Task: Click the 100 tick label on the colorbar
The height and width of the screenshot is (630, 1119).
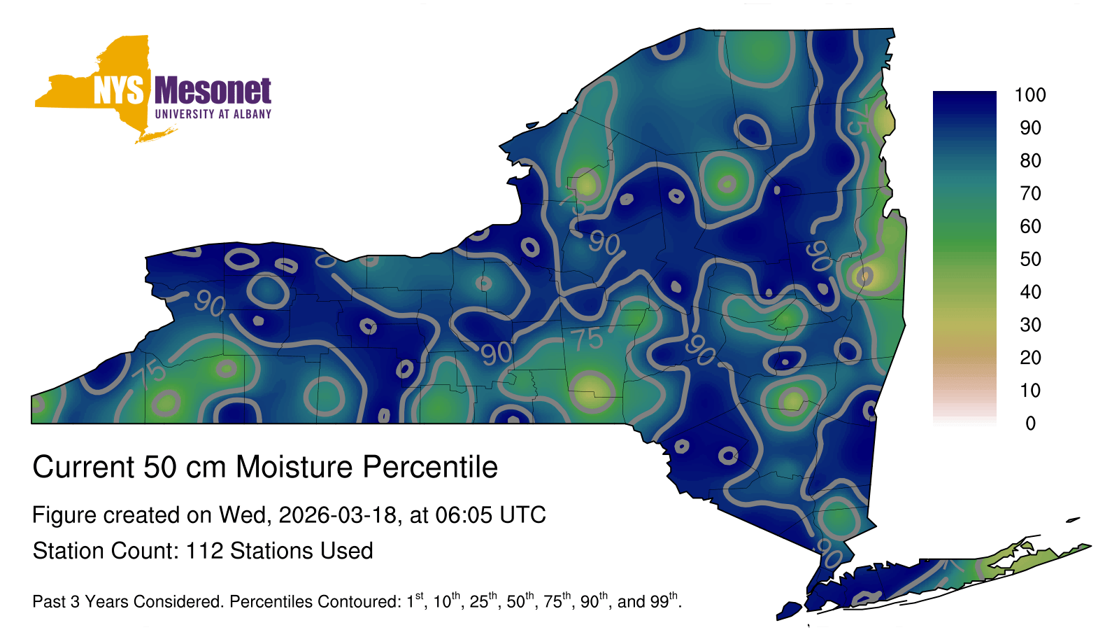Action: click(x=1030, y=95)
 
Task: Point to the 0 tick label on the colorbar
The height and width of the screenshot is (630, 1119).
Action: click(x=1031, y=423)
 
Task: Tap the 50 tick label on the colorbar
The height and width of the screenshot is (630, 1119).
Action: click(x=1031, y=259)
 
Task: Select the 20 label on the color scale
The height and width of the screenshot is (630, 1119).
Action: click(x=1031, y=358)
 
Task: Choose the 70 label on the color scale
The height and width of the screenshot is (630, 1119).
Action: click(x=1031, y=193)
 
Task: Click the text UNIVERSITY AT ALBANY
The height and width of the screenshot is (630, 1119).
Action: click(x=213, y=114)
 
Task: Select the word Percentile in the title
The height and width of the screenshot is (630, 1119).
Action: click(x=430, y=467)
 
